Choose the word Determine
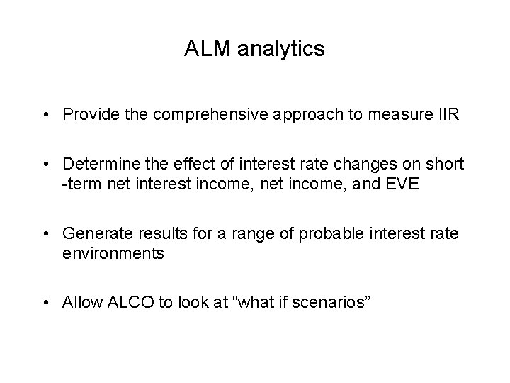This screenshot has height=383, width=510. tap(97, 165)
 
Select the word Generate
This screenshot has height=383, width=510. tap(93, 233)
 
